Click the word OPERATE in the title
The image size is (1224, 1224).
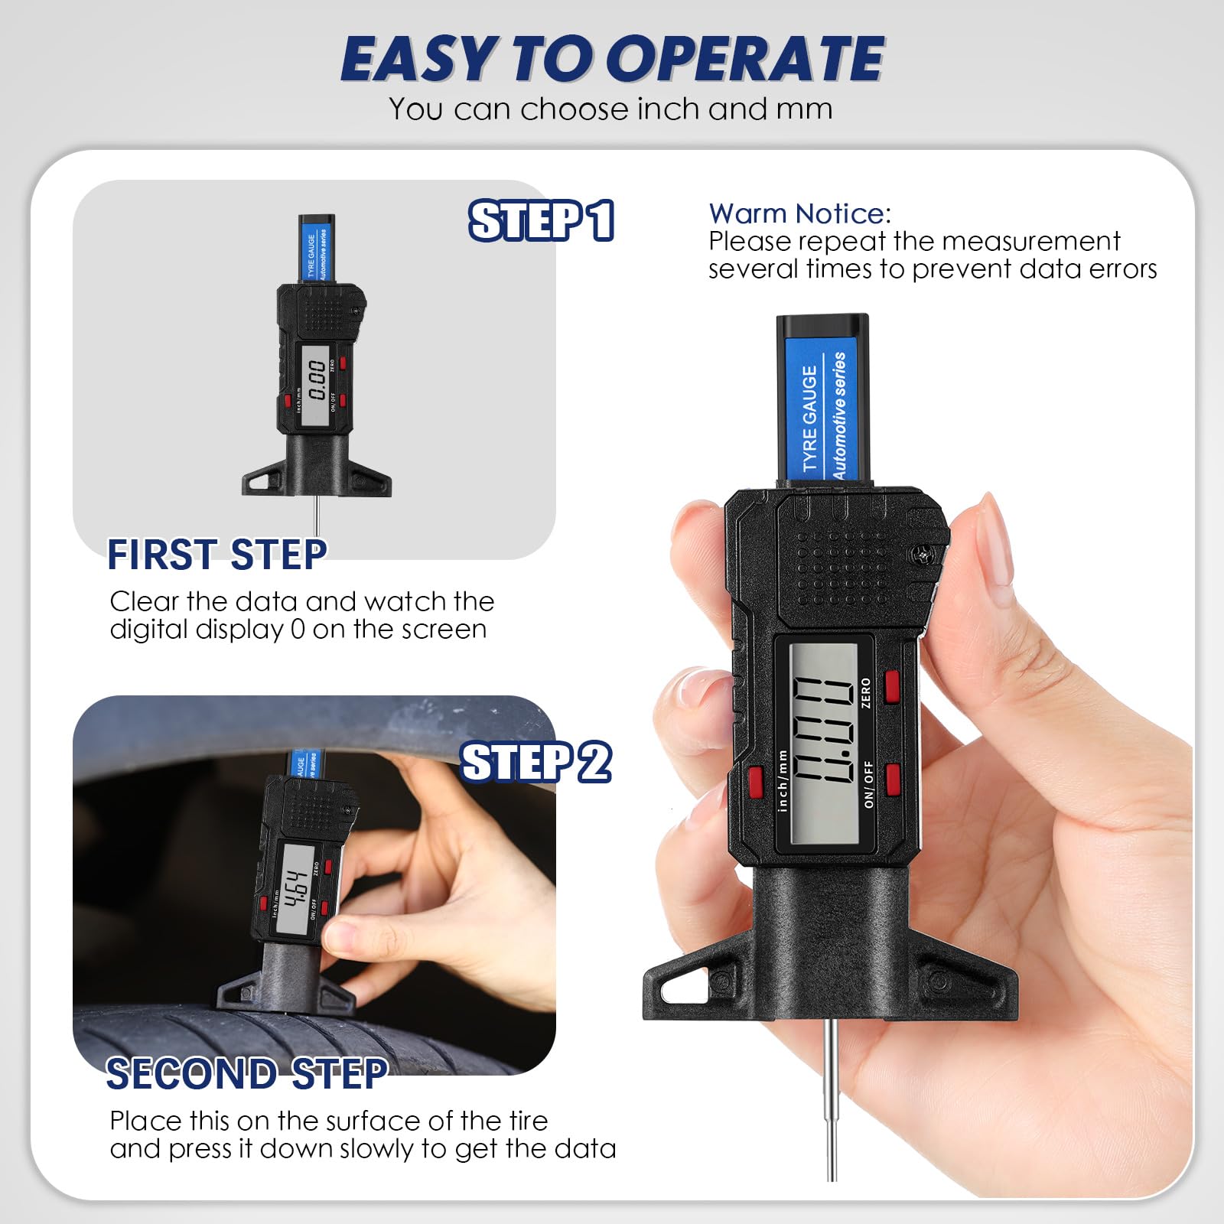750,59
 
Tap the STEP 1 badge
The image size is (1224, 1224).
541,221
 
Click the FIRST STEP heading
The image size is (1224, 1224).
217,555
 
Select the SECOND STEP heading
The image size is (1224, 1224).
246,1074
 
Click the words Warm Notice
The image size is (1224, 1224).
799,213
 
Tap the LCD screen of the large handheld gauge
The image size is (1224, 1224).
823,742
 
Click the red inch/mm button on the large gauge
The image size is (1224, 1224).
756,780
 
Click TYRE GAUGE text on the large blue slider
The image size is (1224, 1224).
809,417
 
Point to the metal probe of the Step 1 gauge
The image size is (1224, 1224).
316,516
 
